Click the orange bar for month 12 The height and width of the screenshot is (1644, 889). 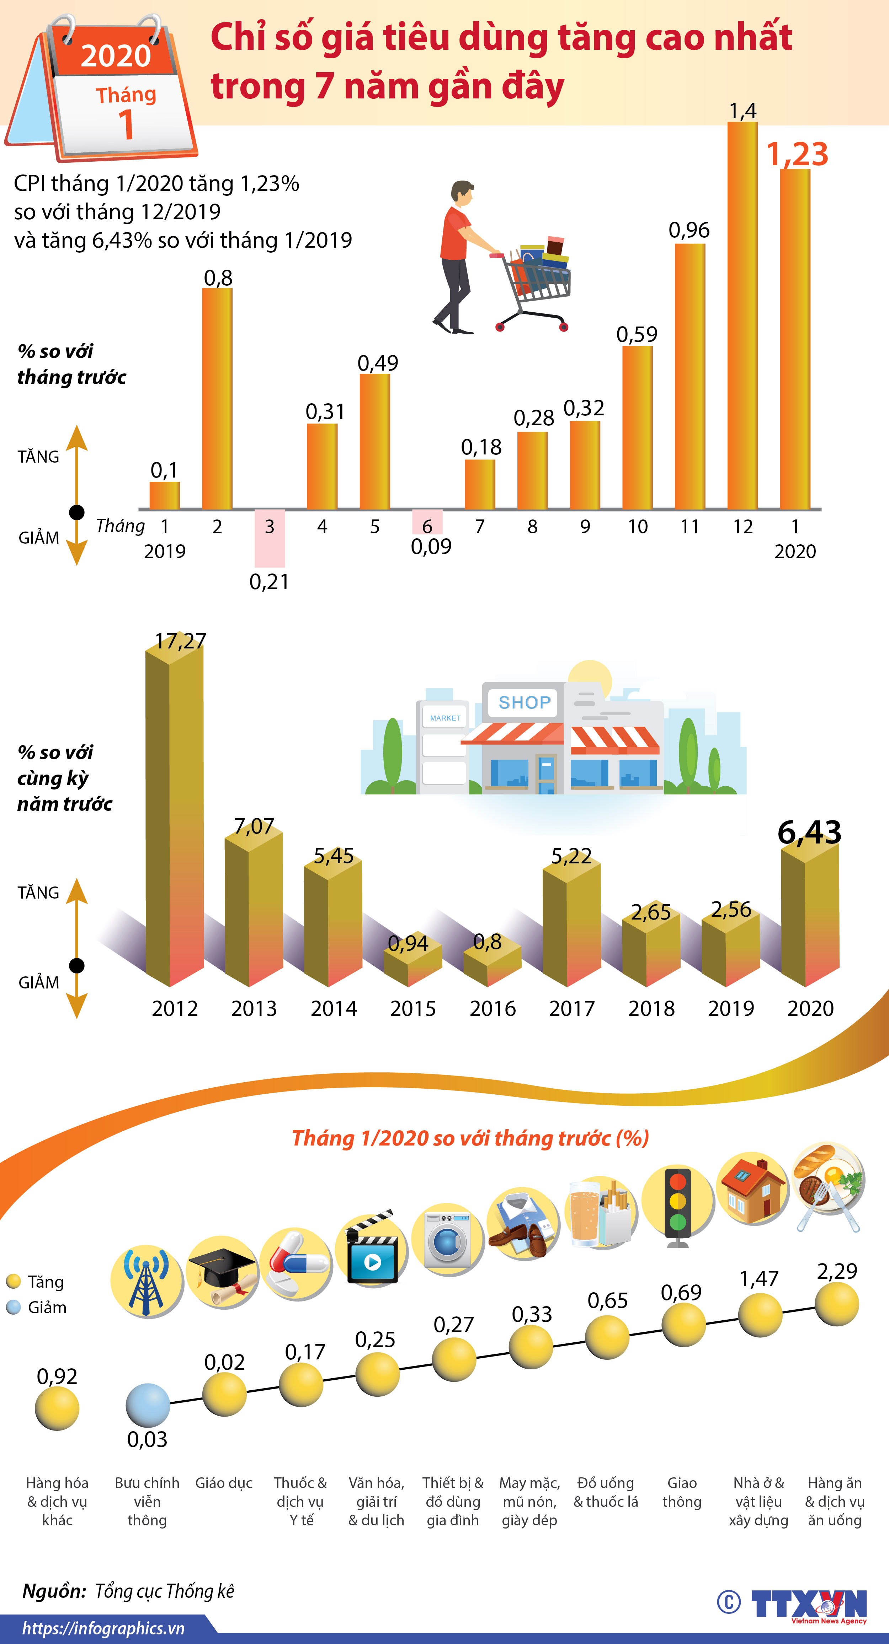(x=743, y=315)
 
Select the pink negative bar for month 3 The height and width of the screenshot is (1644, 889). (x=270, y=538)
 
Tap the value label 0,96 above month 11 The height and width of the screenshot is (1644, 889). (x=689, y=230)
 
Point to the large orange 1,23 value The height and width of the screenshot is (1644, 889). (x=797, y=155)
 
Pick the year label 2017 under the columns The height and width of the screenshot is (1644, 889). (x=571, y=1008)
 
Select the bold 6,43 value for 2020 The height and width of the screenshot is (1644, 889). (x=809, y=832)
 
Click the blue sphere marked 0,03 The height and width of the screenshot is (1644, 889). (x=148, y=1405)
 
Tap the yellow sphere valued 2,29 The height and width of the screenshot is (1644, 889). (x=837, y=1304)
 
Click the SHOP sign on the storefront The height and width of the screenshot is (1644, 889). (x=524, y=703)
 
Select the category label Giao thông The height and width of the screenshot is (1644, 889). (x=682, y=1492)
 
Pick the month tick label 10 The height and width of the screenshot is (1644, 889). (x=637, y=527)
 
